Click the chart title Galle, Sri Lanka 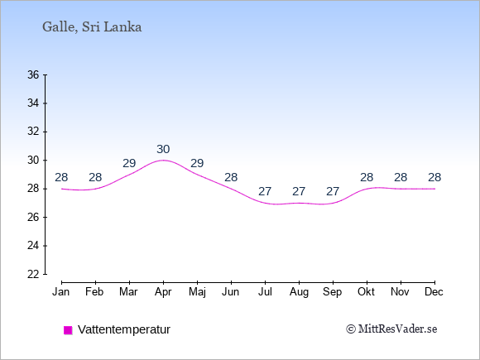(92, 27)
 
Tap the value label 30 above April (163, 150)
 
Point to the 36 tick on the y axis (33, 74)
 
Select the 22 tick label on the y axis (33, 274)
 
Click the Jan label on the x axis (61, 292)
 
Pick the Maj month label (197, 292)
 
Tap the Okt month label (366, 292)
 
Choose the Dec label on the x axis (434, 292)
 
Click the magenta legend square (68, 330)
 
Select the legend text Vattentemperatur (124, 329)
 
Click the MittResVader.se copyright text (391, 329)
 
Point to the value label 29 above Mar (129, 164)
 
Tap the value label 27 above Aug (299, 192)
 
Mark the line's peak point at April (163, 160)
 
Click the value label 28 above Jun (231, 178)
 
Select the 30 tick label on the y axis (33, 160)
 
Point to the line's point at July (265, 203)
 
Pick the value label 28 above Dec (434, 178)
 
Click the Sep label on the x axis (333, 292)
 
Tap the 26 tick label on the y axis (33, 218)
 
